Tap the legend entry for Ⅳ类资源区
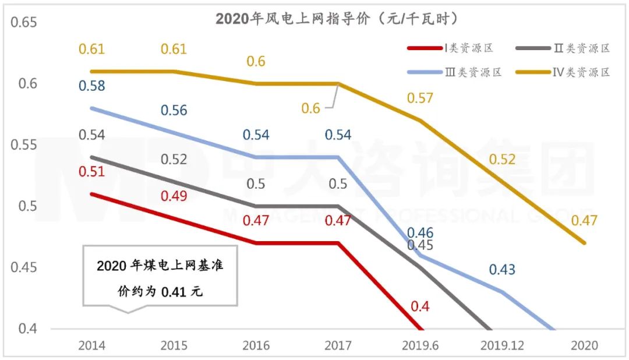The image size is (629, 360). coord(574,72)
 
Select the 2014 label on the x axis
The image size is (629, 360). coord(92,345)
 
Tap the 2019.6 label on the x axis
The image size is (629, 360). coord(420,345)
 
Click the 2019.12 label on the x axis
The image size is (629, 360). coord(502,345)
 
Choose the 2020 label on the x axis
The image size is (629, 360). coord(584,345)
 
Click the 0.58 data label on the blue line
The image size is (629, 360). coord(91,86)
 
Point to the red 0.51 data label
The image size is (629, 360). coord(91,171)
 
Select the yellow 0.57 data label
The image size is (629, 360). coord(420,98)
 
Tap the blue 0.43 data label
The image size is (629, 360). coord(502,270)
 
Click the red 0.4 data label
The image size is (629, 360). coord(420,306)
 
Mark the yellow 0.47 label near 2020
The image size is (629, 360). coord(584,221)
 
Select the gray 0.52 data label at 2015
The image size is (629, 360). coord(174,159)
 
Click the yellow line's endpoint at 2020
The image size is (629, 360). coord(584,243)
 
